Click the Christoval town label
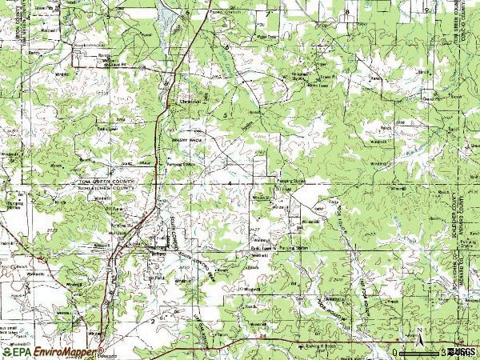click(x=187, y=102)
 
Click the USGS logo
click(x=462, y=351)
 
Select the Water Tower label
click(x=266, y=36)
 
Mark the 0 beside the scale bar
click(x=395, y=352)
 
